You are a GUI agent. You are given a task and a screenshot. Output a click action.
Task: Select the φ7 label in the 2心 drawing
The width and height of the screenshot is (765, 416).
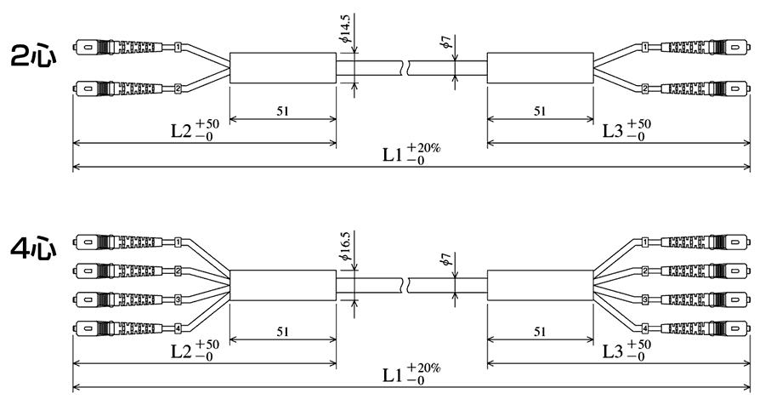click(x=446, y=45)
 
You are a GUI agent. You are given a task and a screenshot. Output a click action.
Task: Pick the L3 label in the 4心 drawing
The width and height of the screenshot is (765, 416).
click(x=616, y=350)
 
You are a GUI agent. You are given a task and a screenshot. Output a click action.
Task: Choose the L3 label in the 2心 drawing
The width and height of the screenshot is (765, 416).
click(x=616, y=130)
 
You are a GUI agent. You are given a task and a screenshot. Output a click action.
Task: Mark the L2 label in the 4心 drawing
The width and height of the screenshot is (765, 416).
click(x=185, y=350)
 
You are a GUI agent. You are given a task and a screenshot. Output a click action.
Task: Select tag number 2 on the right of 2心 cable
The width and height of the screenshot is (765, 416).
click(x=645, y=88)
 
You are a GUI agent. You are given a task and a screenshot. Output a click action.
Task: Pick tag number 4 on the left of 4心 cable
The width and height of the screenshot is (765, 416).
click(x=178, y=328)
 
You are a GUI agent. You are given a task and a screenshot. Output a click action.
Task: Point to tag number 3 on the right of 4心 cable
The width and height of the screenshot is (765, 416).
click(x=645, y=299)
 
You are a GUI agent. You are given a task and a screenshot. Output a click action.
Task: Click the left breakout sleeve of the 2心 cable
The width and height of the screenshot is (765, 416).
click(x=283, y=68)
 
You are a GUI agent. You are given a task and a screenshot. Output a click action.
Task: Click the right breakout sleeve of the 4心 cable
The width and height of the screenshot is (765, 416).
click(x=540, y=285)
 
